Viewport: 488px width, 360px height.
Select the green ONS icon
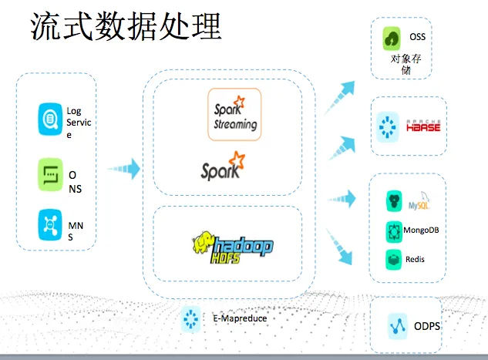[50, 175]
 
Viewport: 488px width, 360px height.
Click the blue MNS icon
[50, 227]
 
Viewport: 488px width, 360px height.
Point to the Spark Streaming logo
[234, 114]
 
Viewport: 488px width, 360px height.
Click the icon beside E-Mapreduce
[190, 318]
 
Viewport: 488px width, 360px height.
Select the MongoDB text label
[422, 230]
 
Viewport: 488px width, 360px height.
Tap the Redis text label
[415, 259]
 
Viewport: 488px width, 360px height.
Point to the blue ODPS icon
[398, 325]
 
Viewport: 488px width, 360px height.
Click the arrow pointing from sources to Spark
[123, 167]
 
